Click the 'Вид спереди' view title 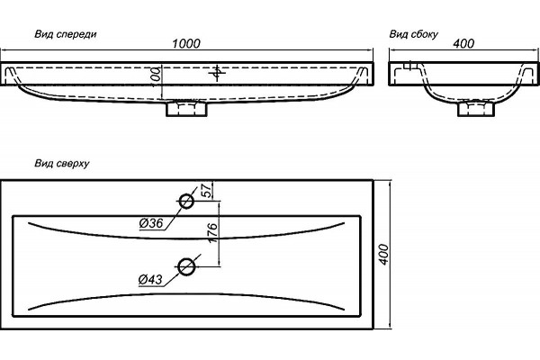tap(66, 34)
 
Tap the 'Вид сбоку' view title tap(414, 34)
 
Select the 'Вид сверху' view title tap(62, 163)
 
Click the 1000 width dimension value tap(186, 43)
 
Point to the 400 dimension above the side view tap(463, 43)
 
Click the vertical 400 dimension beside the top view tap(383, 255)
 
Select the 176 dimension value tap(212, 233)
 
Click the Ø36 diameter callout tap(151, 223)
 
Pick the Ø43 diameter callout tap(150, 279)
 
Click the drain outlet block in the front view tap(186, 108)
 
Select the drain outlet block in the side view tap(476, 108)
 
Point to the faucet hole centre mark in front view tap(217, 73)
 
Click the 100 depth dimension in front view tap(156, 75)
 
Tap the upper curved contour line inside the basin tap(186, 238)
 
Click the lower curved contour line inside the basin tap(186, 294)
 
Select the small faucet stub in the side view tap(410, 66)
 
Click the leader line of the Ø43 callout tap(182, 270)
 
